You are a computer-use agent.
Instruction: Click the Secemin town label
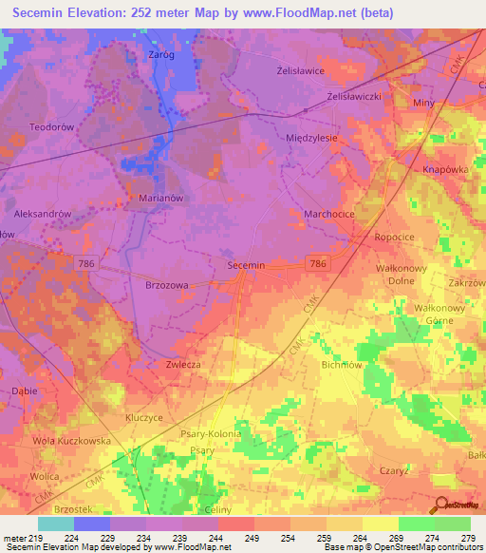tap(246, 266)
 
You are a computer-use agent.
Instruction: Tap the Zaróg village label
tap(161, 55)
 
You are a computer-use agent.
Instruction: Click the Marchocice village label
tap(329, 214)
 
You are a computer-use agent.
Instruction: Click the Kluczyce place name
tap(145, 417)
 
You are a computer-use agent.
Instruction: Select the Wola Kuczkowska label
tap(71, 441)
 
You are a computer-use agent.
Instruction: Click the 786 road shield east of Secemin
tap(317, 262)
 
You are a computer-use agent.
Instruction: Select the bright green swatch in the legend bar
tap(416, 524)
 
